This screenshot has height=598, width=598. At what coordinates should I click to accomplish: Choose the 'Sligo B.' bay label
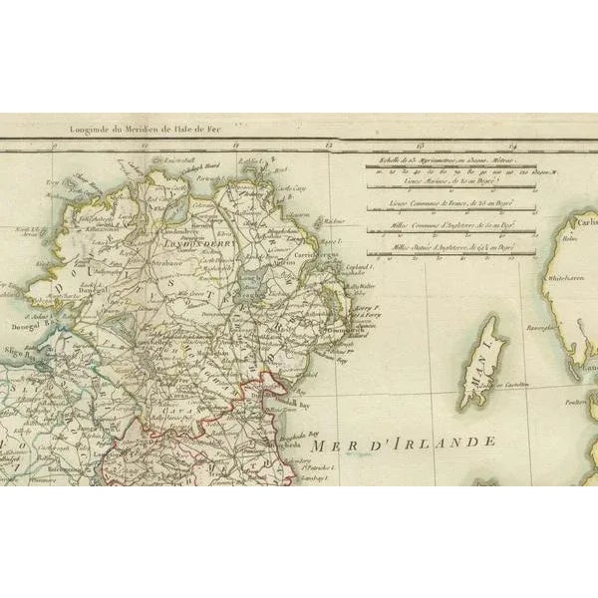(22, 340)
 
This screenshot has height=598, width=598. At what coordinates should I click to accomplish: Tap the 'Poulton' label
(572, 404)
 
